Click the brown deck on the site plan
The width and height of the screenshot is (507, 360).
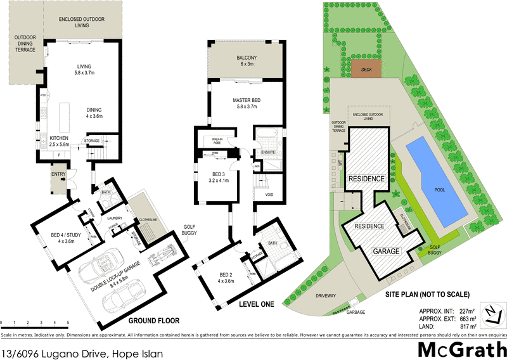coord(367,70)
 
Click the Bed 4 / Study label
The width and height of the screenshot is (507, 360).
coord(63,238)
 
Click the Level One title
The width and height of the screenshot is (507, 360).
coord(256,304)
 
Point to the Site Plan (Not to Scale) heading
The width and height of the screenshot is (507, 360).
coord(427,294)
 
